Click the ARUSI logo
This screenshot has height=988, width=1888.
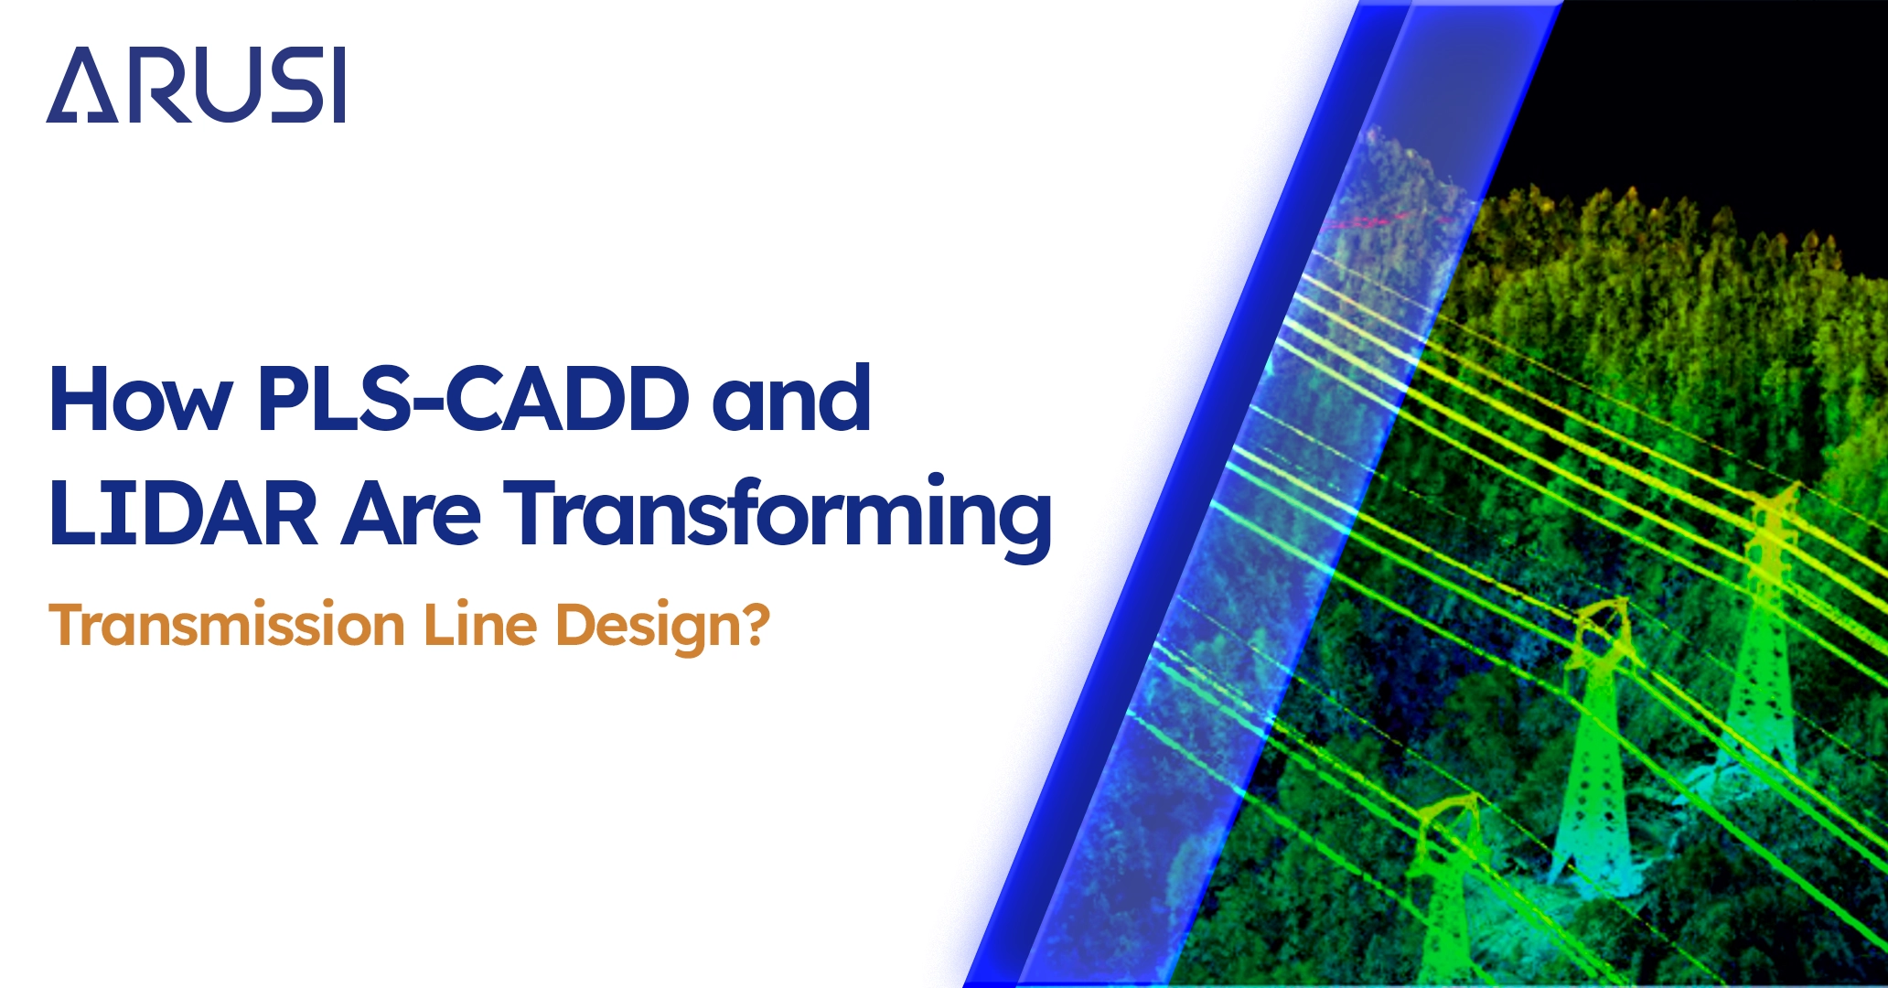coord(196,85)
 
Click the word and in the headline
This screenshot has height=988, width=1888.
coord(791,400)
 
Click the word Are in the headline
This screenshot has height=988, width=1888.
coord(412,514)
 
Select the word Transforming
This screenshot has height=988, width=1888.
coord(778,517)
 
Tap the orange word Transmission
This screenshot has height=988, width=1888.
coord(228,626)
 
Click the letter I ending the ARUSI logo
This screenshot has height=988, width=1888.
coord(339,85)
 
